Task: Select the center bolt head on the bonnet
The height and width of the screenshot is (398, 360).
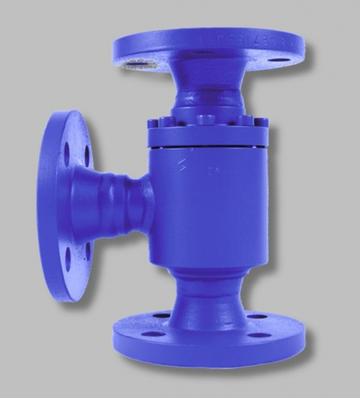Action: tap(206, 119)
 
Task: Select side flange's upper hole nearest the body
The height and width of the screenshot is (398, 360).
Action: tap(87, 154)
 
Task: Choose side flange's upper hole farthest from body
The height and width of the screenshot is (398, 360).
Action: tap(66, 154)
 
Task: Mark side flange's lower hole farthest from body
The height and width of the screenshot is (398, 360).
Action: tap(67, 256)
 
